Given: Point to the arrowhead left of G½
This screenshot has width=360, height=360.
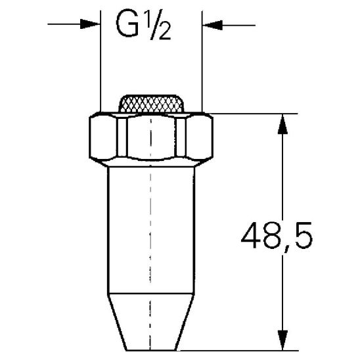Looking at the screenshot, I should (93, 26).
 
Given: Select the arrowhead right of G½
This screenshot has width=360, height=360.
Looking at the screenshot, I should (209, 26).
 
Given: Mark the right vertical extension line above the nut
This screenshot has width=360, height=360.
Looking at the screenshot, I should (202, 66).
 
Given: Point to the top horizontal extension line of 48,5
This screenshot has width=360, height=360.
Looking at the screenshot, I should (250, 114).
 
